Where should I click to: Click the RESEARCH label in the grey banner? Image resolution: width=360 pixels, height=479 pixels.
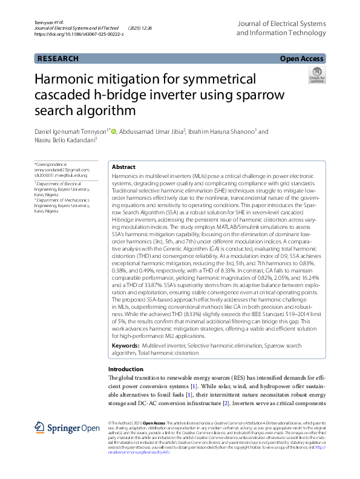58,59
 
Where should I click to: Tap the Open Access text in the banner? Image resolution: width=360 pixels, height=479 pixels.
303,59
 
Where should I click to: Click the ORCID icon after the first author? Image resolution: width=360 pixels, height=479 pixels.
113,131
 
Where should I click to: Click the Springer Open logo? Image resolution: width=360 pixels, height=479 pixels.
67,428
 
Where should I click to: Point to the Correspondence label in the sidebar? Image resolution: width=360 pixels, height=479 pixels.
52,165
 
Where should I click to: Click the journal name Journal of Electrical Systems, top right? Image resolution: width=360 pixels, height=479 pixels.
280,23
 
